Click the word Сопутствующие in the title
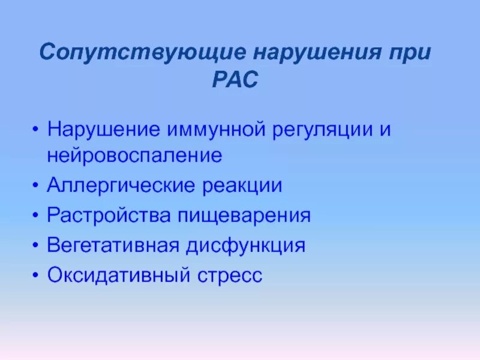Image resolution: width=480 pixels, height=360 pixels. tap(142, 52)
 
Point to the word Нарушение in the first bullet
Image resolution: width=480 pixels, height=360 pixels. tap(104, 130)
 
